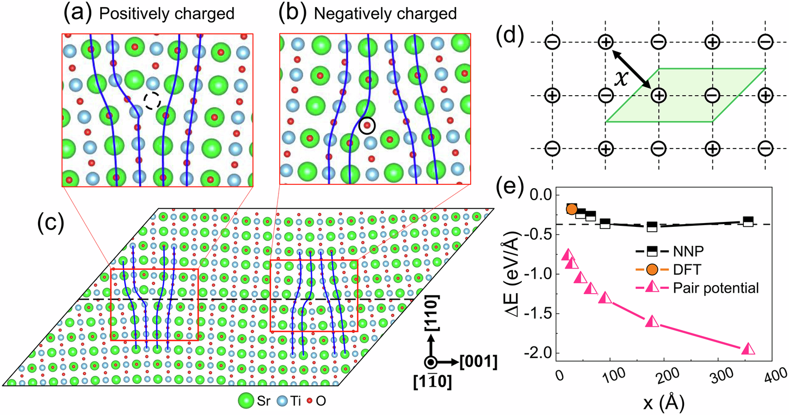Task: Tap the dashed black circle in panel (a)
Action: click(x=152, y=101)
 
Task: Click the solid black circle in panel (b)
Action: click(x=367, y=126)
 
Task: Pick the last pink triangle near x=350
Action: click(x=748, y=349)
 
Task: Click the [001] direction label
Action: click(x=477, y=362)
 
